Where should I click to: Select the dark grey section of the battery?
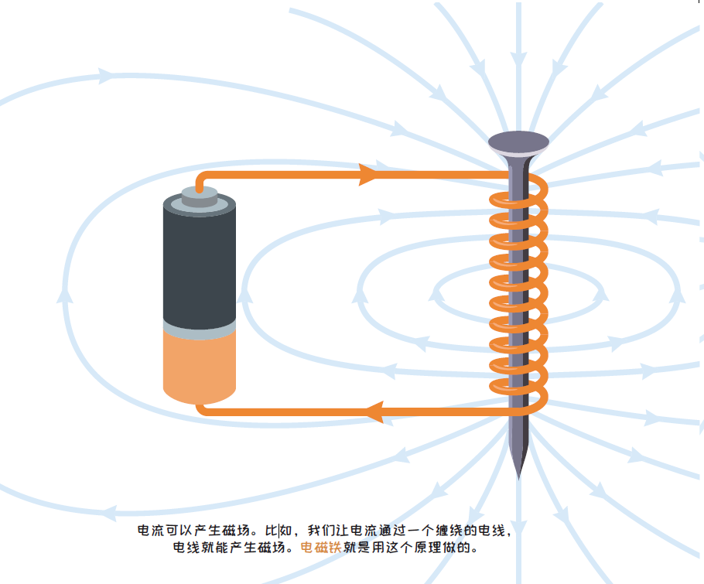pyautogui.click(x=199, y=263)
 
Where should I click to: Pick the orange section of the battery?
pyautogui.click(x=199, y=367)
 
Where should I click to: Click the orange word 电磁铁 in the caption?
pyautogui.click(x=320, y=548)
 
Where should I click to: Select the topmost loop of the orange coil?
pyautogui.click(x=518, y=193)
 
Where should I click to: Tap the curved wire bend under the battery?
pyautogui.click(x=203, y=409)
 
